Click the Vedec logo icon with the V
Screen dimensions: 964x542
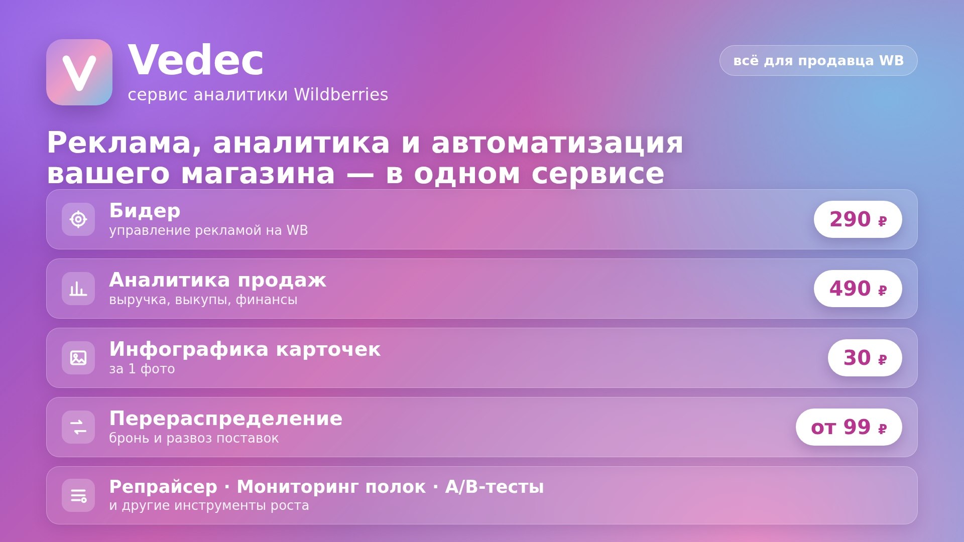click(x=79, y=72)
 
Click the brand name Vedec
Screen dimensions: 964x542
click(x=196, y=60)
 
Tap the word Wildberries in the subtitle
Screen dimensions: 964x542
click(x=341, y=94)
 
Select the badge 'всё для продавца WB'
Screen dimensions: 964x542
click(x=818, y=61)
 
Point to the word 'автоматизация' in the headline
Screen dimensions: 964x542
click(x=557, y=143)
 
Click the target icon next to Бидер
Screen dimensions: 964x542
click(x=78, y=219)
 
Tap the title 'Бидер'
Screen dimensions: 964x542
click(x=145, y=211)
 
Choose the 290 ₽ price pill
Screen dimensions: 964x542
click(x=858, y=219)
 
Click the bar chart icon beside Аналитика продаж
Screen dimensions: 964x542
click(x=78, y=289)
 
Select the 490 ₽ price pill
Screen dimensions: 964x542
click(x=858, y=289)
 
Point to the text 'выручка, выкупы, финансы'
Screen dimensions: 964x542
click(x=203, y=300)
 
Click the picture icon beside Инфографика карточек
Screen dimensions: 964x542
click(x=78, y=358)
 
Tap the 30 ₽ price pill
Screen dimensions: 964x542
click(x=865, y=358)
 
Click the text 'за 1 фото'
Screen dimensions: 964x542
click(x=142, y=369)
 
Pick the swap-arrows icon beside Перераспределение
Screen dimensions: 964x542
click(x=78, y=427)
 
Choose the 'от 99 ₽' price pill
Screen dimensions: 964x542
click(x=849, y=427)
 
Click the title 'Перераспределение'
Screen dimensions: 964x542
click(x=226, y=419)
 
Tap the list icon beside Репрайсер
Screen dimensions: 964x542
click(x=78, y=495)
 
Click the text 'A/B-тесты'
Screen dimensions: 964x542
click(x=495, y=487)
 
